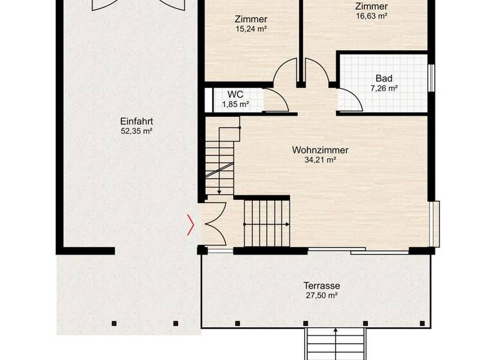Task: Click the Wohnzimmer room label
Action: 320,150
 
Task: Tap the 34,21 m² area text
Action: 320,160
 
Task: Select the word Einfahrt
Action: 136,121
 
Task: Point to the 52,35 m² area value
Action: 136,131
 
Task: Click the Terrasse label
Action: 322,285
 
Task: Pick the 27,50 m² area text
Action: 322,296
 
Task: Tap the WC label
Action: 235,94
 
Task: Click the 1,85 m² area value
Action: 235,104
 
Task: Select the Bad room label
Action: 384,78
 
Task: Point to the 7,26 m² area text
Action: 384,89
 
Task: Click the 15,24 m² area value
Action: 251,29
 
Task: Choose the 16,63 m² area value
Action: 371,16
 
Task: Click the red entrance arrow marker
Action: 190,224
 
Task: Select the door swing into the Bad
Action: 350,100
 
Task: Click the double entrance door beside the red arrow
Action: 214,224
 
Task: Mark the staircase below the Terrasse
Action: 335,344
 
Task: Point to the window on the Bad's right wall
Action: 431,75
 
